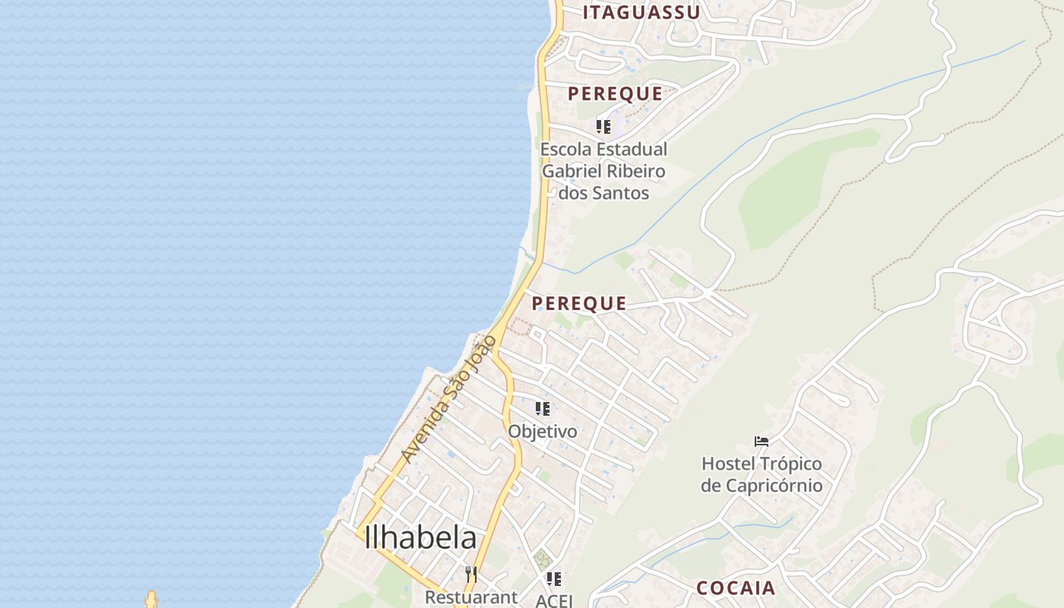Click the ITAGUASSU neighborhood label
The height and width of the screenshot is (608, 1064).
[x=641, y=12]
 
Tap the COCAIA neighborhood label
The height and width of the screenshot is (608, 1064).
[x=736, y=587]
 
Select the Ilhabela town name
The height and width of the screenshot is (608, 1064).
[x=420, y=538]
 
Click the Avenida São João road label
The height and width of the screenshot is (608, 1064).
[x=448, y=399]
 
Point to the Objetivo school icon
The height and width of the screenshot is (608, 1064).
[x=542, y=409]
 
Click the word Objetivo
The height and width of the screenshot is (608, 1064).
[x=542, y=431]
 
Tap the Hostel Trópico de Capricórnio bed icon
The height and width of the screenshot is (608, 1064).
[x=761, y=442]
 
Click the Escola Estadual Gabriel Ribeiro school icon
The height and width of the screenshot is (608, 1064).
[x=603, y=127]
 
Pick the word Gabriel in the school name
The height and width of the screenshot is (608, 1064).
[x=570, y=171]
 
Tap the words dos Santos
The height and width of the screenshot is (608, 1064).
[x=603, y=193]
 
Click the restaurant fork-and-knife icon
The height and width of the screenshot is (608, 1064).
[x=471, y=574]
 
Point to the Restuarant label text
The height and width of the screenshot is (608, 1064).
[x=470, y=597]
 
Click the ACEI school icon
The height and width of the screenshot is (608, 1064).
[x=554, y=579]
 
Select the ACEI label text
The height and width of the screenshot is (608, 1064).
[x=553, y=600]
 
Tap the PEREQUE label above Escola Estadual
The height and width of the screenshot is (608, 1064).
[x=615, y=93]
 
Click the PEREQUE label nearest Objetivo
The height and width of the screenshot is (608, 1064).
[x=578, y=303]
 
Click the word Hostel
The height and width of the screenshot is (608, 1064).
[x=728, y=464]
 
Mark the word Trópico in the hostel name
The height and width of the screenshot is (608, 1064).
[x=790, y=464]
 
